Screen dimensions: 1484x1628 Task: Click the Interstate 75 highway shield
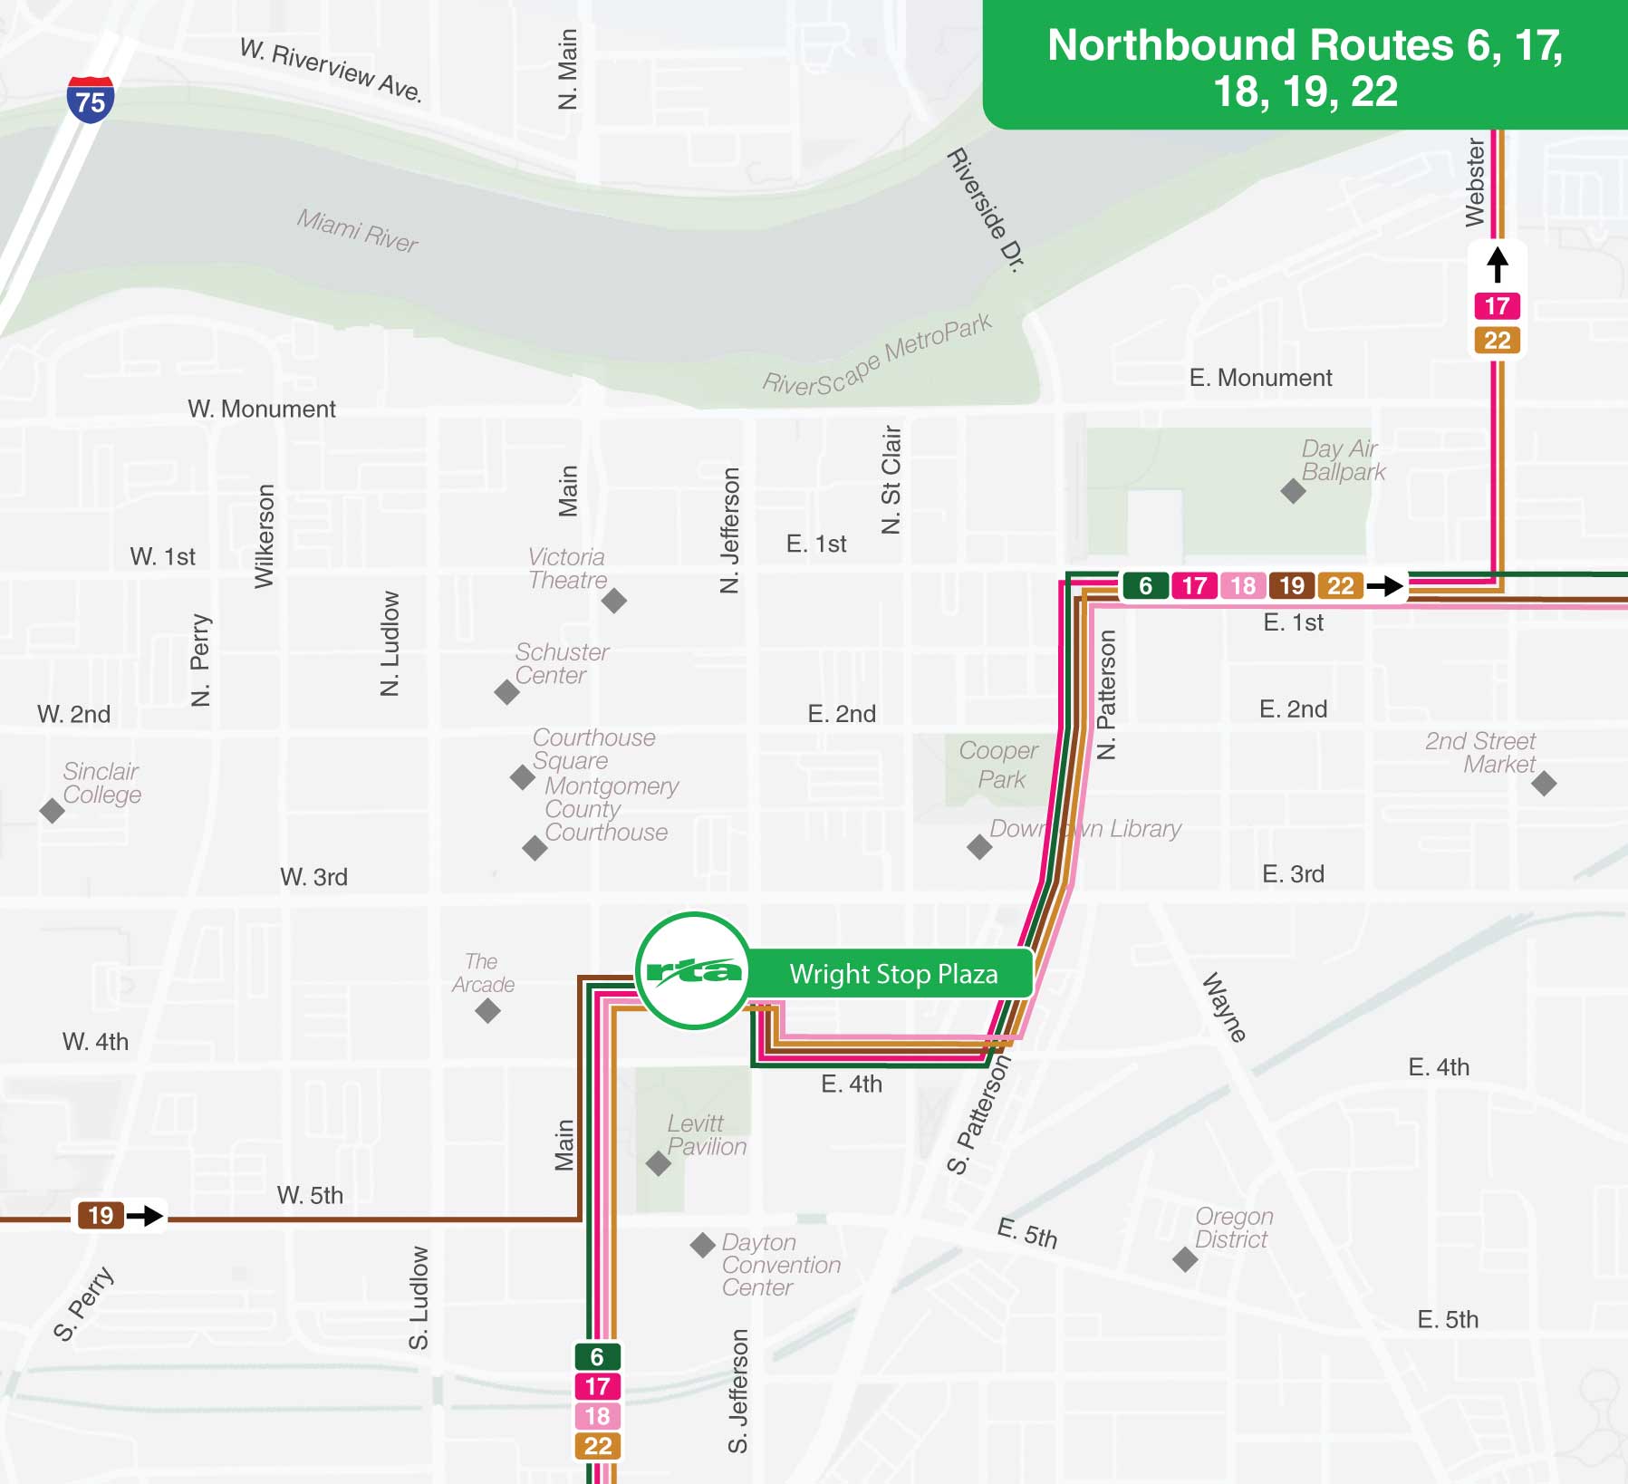coord(91,100)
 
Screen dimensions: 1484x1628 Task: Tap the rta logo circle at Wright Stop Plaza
coord(693,971)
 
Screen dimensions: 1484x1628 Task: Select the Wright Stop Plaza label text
coord(893,974)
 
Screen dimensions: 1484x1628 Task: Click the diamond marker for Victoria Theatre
coord(614,600)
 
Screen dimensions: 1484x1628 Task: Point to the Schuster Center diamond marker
coord(506,692)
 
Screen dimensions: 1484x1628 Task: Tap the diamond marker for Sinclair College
coord(53,811)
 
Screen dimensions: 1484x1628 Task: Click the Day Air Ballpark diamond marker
coord(1293,491)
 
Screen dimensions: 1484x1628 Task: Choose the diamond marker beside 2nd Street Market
coord(1544,783)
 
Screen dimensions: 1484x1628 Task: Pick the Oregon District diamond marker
coord(1185,1259)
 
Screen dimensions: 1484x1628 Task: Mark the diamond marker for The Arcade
coord(487,1010)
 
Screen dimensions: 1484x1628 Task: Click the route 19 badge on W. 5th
coord(101,1215)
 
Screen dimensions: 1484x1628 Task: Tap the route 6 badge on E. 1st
coord(1145,586)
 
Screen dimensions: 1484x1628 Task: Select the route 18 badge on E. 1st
coord(1243,586)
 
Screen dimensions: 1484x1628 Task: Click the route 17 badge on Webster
coord(1497,306)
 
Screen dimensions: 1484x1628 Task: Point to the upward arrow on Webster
coord(1498,265)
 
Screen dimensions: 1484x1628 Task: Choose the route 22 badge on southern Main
coord(597,1446)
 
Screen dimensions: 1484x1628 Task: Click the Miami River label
coord(357,230)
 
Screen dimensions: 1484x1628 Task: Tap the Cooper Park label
coord(999,765)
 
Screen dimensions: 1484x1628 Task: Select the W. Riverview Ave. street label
coord(331,70)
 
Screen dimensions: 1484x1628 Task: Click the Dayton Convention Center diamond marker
coord(702,1245)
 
